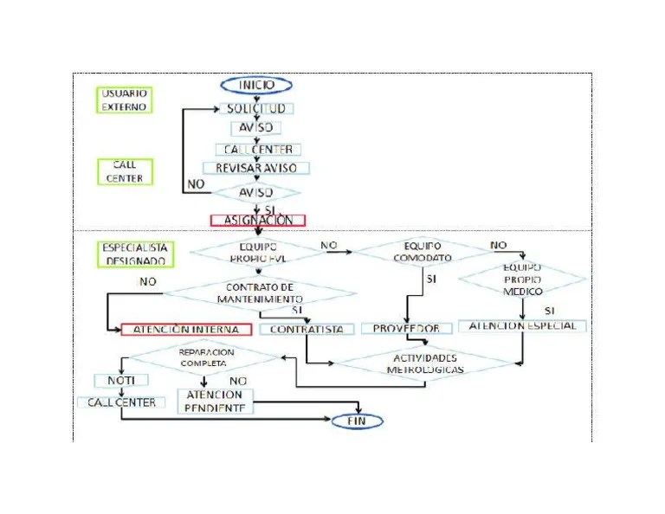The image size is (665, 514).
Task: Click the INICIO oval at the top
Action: pyautogui.click(x=256, y=85)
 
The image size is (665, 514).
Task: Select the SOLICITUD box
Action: pyautogui.click(x=256, y=109)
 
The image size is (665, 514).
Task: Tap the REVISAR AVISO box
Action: pyautogui.click(x=256, y=168)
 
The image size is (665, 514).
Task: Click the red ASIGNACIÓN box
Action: pyautogui.click(x=258, y=220)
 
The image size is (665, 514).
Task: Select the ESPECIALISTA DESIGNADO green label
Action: pyautogui.click(x=135, y=253)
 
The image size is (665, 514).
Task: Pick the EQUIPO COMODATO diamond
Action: pyautogui.click(x=422, y=252)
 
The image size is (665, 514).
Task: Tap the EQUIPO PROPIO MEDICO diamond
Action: pyautogui.click(x=522, y=279)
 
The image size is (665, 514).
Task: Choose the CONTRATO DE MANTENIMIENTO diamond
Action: pyautogui.click(x=260, y=292)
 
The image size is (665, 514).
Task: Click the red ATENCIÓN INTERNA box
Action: pyautogui.click(x=186, y=329)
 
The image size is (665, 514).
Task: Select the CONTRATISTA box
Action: pyautogui.click(x=307, y=329)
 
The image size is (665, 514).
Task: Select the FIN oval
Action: pyautogui.click(x=358, y=421)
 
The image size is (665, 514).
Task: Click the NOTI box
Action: pyautogui.click(x=121, y=380)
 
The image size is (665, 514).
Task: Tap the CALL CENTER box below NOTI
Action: pyautogui.click(x=121, y=402)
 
